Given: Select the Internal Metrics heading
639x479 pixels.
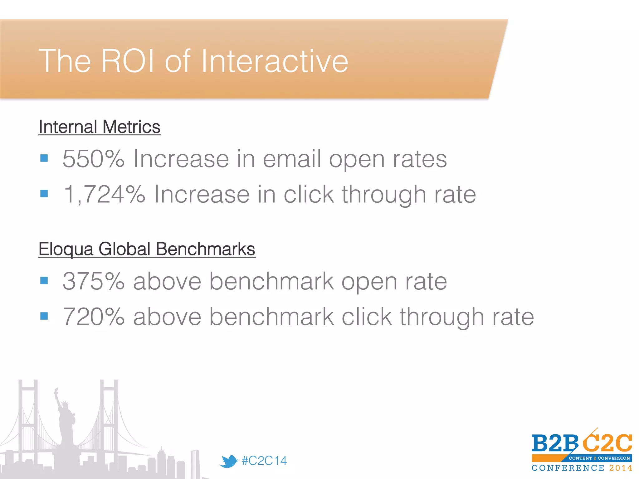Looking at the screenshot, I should tap(99, 127).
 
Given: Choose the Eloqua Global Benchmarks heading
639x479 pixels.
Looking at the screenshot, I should tap(147, 249).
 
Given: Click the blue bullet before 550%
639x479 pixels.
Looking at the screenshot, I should tap(44, 158).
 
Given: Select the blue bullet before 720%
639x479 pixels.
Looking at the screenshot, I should tap(44, 316).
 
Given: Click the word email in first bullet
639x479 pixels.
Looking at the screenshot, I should tap(292, 159).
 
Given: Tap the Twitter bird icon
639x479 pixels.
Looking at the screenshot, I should tap(228, 461).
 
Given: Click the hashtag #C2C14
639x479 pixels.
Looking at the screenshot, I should tap(264, 461).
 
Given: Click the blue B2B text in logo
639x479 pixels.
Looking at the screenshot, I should tap(555, 443).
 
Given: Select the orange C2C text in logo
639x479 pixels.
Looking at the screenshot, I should tap(607, 443).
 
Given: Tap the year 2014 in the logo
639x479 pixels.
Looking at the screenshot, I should tap(621, 468).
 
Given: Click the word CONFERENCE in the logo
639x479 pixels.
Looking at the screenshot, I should tap(568, 468).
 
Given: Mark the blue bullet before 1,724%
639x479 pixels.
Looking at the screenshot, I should tap(44, 194).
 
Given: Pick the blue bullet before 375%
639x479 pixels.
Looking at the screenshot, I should tap(44, 281).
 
